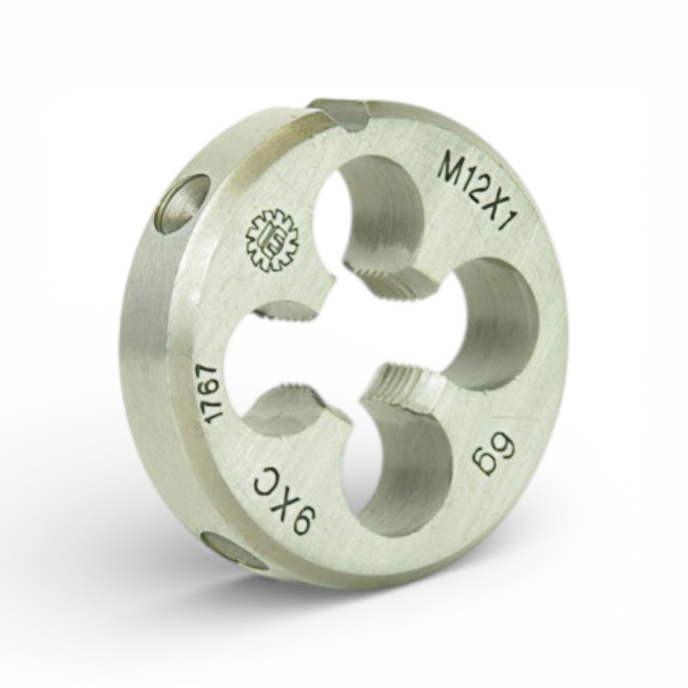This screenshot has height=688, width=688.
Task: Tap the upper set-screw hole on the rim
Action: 184,205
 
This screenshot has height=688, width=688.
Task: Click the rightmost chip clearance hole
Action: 491,325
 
